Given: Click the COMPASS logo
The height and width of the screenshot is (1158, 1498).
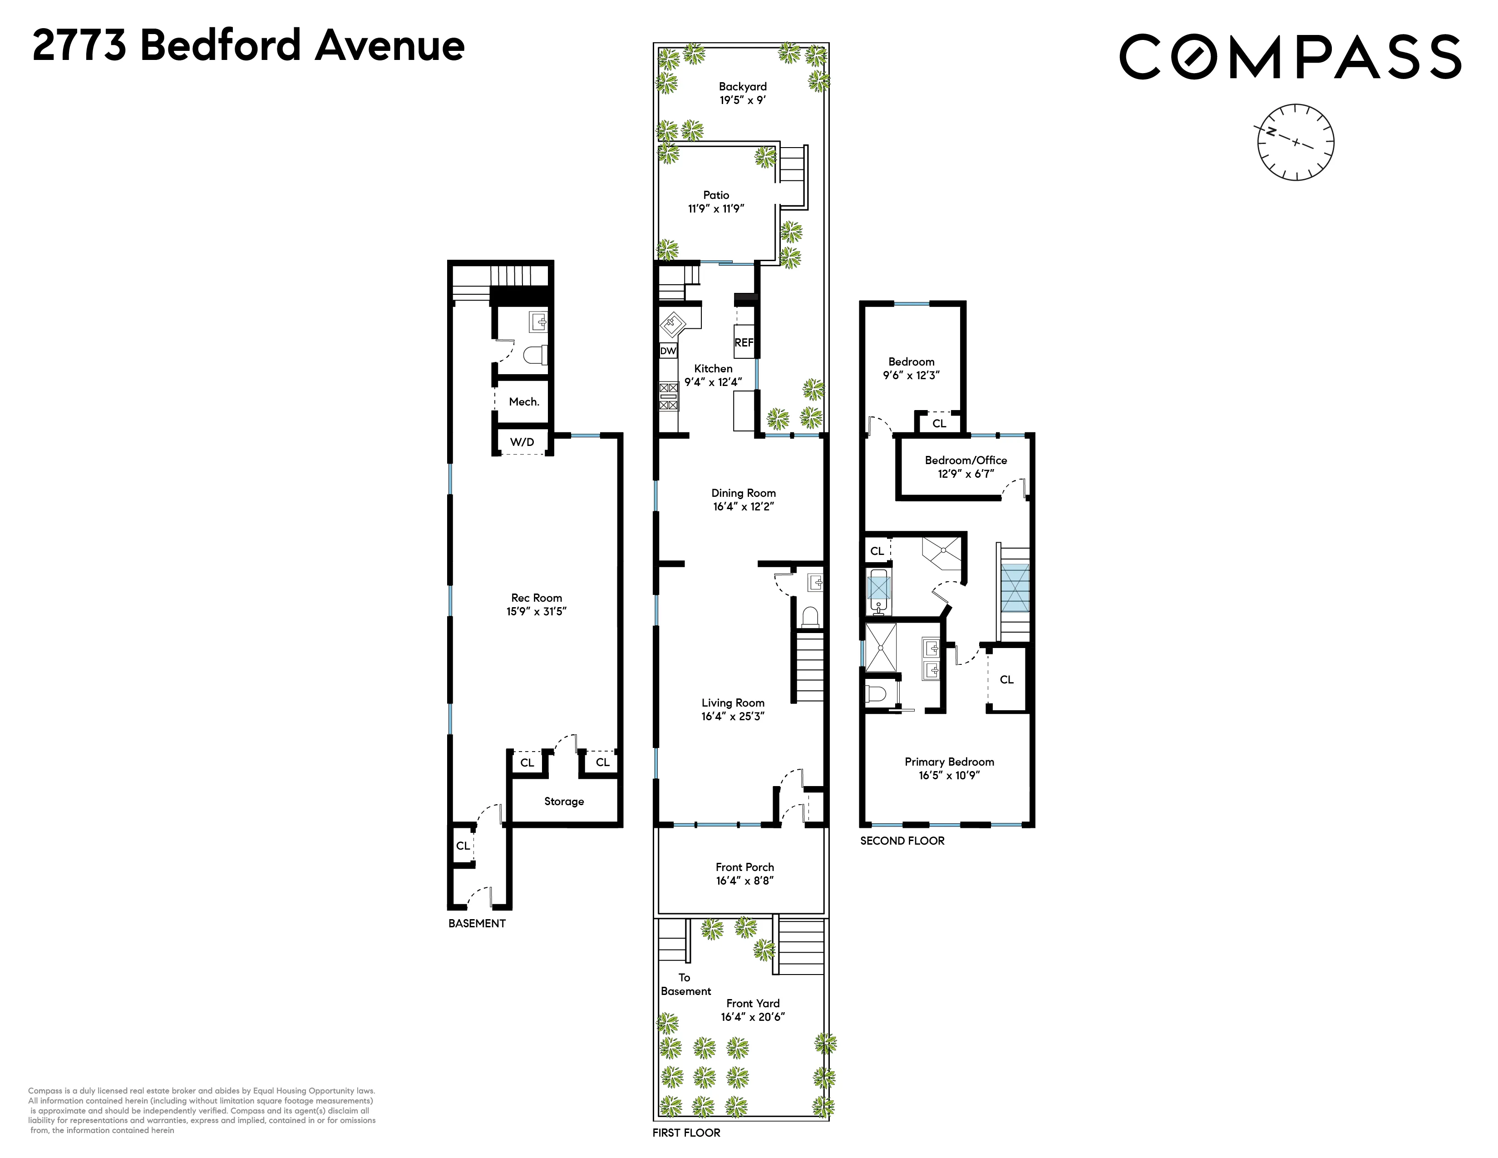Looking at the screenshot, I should point(1290,56).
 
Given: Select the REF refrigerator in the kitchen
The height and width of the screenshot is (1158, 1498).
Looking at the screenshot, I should point(744,342).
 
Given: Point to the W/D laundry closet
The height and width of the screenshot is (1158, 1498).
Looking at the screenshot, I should point(522,442).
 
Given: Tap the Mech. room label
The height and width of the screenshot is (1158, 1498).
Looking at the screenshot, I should point(524,402).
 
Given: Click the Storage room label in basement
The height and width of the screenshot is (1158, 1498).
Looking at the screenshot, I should point(564,801).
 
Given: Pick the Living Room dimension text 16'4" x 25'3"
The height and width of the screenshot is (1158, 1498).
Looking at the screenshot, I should point(733,716).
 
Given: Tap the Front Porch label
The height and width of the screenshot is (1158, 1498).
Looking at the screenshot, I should point(745,867).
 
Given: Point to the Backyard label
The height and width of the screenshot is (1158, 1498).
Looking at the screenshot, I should point(743,86).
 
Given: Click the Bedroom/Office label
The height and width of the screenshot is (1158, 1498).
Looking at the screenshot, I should point(966,460).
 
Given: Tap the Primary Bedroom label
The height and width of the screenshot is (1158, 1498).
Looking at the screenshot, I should point(949,762).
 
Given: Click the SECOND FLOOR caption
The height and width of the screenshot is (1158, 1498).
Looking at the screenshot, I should point(902,841).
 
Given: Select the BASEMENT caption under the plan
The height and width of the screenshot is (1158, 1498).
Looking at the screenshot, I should point(477,923).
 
